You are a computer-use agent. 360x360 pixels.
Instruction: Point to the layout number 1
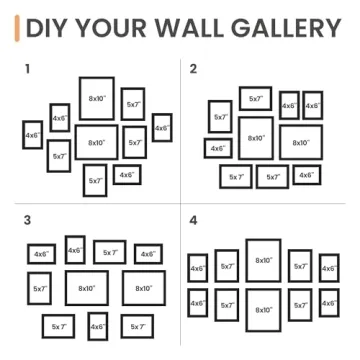[x=27, y=68]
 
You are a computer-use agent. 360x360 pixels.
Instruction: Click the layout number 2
[x=193, y=68]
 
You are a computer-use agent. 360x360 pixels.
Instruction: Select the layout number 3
[x=27, y=218]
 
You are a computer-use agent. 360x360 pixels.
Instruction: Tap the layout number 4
[x=194, y=218]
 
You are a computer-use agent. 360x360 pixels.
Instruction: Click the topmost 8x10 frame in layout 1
[x=96, y=98]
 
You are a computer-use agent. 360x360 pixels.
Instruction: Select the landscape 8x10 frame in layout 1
[x=96, y=142]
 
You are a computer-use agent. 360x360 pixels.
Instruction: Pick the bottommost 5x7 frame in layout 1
[x=95, y=180]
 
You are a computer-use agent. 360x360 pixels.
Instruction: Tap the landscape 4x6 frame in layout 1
[x=126, y=174]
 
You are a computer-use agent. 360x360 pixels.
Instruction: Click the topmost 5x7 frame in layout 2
[x=255, y=98]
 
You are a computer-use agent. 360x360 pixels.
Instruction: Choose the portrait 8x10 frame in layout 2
[x=256, y=138]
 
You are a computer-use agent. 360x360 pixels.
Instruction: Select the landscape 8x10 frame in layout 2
[x=300, y=141]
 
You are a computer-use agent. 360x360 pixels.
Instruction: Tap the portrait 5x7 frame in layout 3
[x=40, y=287]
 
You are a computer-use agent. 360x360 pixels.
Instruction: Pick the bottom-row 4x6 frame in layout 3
[x=97, y=326]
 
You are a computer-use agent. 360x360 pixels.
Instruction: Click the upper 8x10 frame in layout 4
[x=263, y=260]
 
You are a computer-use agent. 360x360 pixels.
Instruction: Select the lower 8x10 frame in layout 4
[x=263, y=309]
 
